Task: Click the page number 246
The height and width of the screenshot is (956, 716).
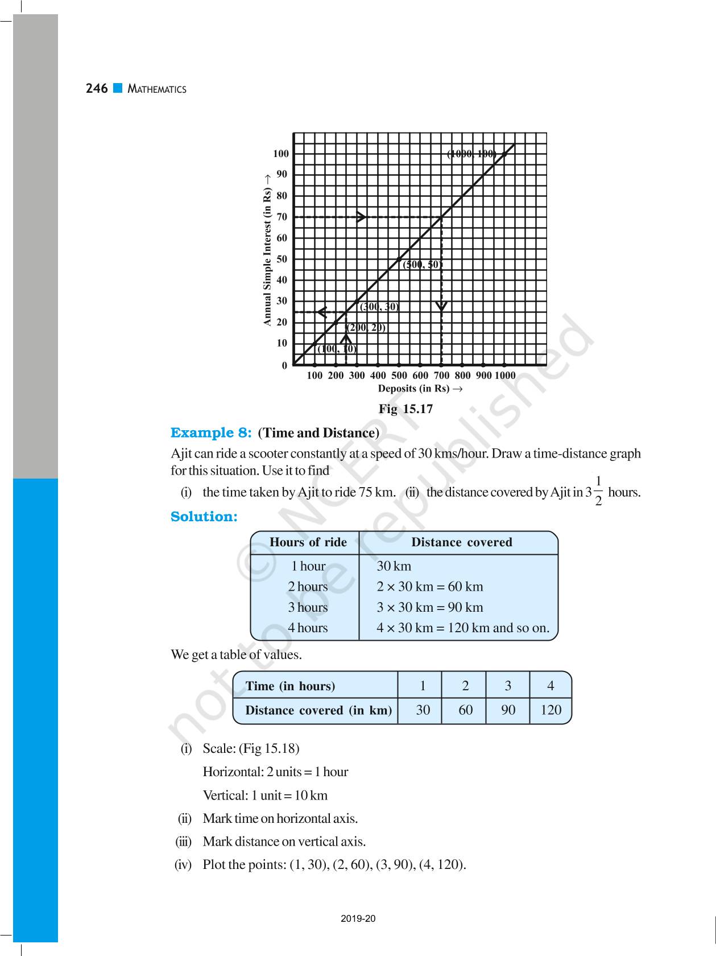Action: coord(97,89)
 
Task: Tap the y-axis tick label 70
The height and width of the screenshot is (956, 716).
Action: coord(282,217)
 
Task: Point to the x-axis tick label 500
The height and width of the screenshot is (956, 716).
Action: coord(399,376)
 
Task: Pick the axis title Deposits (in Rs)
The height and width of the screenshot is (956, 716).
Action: coord(420,389)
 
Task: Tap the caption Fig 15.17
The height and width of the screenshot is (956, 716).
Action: coord(406,409)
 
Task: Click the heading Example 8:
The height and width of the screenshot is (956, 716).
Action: coord(211,433)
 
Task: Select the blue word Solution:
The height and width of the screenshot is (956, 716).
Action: coord(204,517)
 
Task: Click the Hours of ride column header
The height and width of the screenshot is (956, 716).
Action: coord(308,542)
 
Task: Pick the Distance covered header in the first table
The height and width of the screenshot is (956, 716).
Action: coord(461,542)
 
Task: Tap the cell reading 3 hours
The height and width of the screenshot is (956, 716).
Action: coord(308,607)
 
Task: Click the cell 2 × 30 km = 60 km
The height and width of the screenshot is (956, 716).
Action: coord(429,587)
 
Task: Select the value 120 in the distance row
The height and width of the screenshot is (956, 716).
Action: coord(551,710)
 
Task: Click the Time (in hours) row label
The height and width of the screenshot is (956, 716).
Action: coord(290,686)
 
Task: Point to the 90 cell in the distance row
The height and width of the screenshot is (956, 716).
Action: coord(508,710)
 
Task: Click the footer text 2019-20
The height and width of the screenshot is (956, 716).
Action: coord(358,918)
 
